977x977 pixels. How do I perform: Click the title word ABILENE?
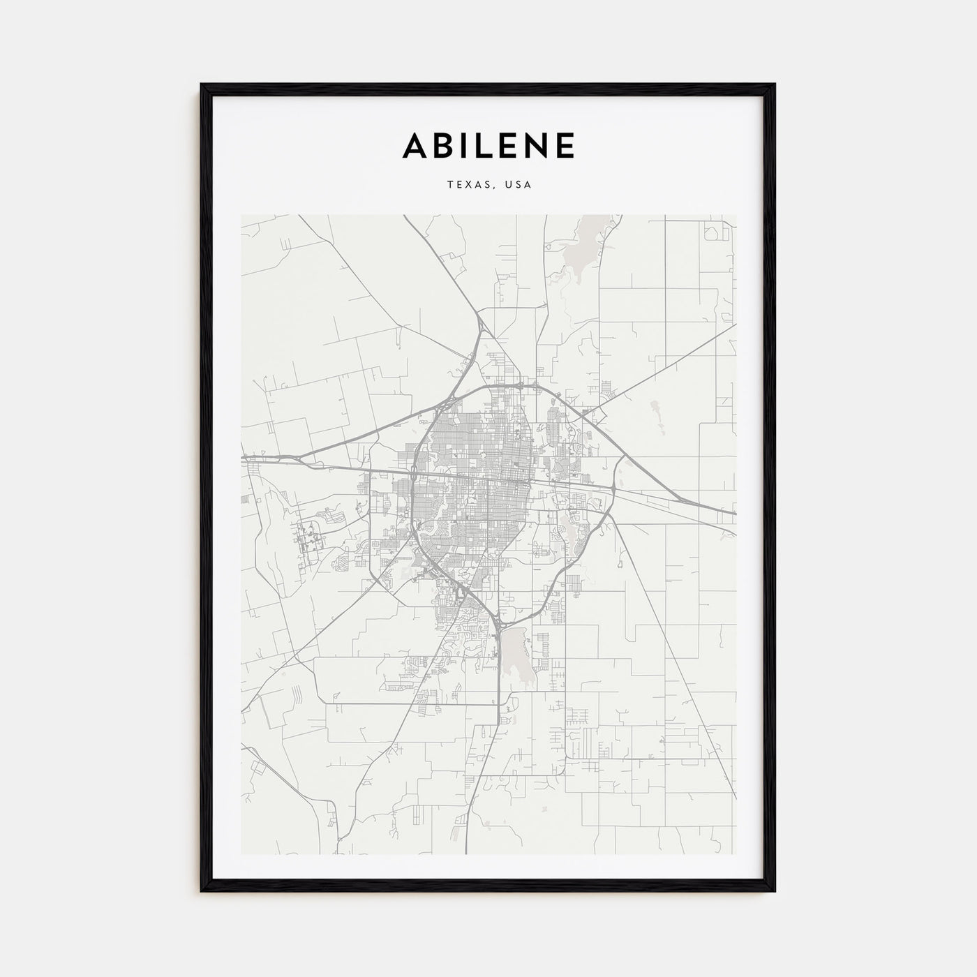tap(488, 145)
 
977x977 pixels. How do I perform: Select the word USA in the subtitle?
tap(520, 185)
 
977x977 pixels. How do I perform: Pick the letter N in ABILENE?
tap(536, 145)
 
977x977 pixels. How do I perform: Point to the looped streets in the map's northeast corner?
tap(713, 234)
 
